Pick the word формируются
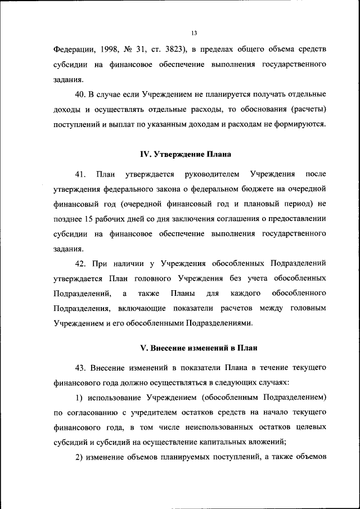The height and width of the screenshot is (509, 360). click(x=302, y=123)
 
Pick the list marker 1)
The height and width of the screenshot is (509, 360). click(x=80, y=398)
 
